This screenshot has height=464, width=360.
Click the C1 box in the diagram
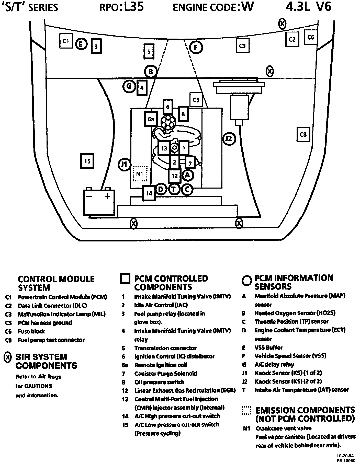(x=66, y=41)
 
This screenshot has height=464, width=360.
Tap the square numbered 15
(x=87, y=161)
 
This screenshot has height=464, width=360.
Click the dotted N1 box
(x=140, y=174)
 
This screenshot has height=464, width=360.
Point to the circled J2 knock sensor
(x=229, y=139)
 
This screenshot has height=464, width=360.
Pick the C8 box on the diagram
(x=303, y=134)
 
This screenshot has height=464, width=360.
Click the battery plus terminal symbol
(x=107, y=196)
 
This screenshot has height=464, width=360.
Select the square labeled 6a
(x=151, y=119)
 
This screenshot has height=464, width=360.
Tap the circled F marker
(x=196, y=48)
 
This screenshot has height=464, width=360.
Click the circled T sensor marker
(x=174, y=189)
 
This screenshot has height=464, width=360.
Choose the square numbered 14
(x=149, y=193)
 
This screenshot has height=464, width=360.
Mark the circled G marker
(x=129, y=86)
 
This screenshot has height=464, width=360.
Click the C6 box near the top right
(x=311, y=37)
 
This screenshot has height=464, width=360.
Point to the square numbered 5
(x=149, y=52)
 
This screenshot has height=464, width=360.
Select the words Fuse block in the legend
(x=31, y=331)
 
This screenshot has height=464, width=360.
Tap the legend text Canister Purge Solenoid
(x=166, y=374)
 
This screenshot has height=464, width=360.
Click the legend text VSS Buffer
(x=268, y=347)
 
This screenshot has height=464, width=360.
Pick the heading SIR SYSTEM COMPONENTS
(x=46, y=361)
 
